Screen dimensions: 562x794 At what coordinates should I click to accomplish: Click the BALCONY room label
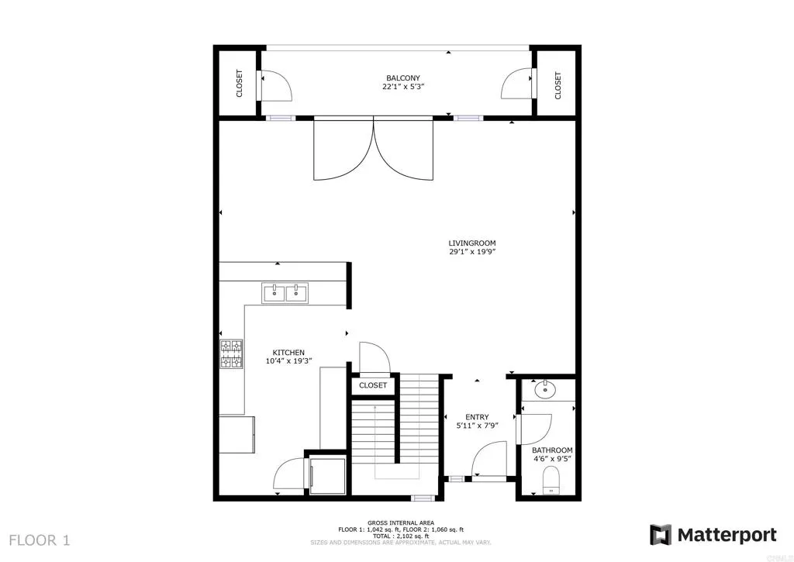(x=403, y=78)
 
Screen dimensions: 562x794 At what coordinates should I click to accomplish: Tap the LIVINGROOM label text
(x=471, y=243)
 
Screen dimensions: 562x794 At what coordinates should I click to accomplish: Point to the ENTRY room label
(x=477, y=417)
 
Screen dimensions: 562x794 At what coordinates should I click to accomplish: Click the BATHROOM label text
(x=552, y=450)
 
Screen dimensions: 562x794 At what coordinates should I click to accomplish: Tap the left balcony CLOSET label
(x=240, y=84)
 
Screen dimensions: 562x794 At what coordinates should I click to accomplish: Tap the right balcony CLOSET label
(x=558, y=84)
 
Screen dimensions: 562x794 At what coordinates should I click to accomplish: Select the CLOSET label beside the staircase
(x=373, y=385)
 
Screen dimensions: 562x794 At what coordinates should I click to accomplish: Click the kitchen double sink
(x=285, y=292)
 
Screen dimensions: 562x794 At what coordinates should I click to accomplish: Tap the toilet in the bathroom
(x=551, y=478)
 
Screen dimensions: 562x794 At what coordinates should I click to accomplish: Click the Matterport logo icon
(x=661, y=535)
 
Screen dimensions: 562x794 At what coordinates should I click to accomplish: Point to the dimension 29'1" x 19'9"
(x=471, y=252)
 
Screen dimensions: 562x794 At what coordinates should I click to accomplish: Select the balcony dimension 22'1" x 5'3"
(x=403, y=87)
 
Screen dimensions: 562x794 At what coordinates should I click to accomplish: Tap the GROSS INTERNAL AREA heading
(x=400, y=522)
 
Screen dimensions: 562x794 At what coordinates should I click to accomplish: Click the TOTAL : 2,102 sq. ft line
(x=400, y=536)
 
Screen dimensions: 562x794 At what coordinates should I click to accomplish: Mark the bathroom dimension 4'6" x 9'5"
(x=552, y=459)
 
